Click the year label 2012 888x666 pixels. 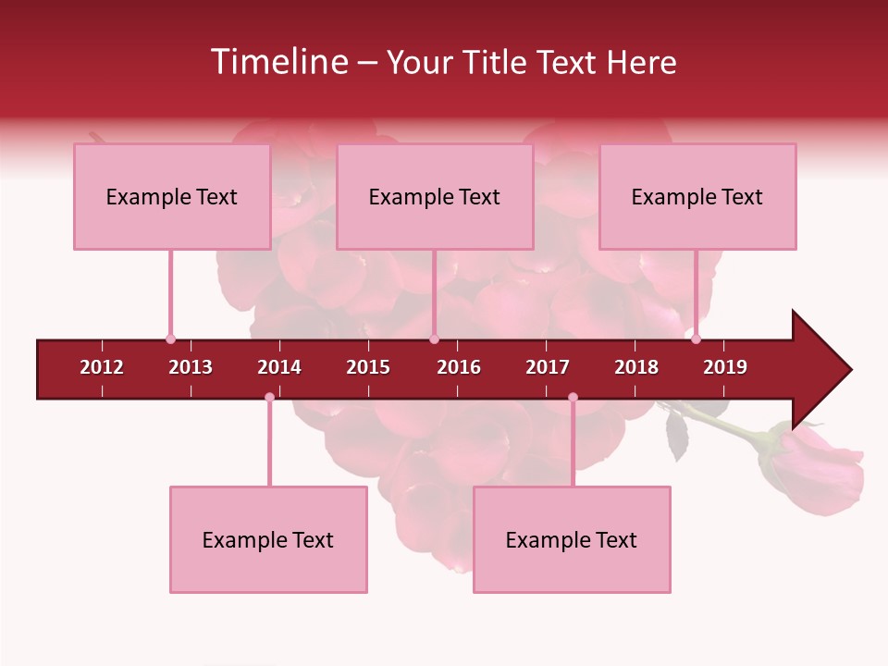point(102,367)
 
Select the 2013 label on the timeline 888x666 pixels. point(191,367)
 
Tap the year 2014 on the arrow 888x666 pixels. point(279,367)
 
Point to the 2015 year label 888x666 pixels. point(368,367)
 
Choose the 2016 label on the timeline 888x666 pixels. point(459,367)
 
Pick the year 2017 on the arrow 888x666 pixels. point(548,367)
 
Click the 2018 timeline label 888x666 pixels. point(636,367)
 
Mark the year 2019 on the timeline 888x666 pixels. point(725,367)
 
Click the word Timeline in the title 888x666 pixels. point(277,62)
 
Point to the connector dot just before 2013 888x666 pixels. point(170,339)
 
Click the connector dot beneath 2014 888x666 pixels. point(269,398)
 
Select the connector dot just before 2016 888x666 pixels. point(434,339)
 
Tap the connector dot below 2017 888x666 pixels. point(573,398)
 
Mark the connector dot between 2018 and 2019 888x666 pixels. point(697,339)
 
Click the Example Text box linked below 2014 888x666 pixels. point(268,540)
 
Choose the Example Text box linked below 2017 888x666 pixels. point(572,540)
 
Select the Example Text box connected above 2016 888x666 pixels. point(435,197)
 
